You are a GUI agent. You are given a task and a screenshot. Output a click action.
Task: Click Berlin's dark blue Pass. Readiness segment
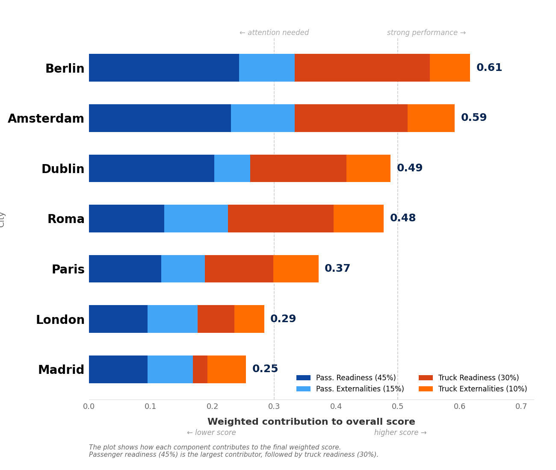point(164,68)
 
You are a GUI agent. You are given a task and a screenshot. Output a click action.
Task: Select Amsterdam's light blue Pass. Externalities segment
point(263,118)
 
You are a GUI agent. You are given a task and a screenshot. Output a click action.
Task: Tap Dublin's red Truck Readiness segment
point(298,168)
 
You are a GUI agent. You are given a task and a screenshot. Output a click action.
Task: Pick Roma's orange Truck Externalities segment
point(358,218)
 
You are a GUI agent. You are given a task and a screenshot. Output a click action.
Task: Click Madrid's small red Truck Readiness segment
point(200,369)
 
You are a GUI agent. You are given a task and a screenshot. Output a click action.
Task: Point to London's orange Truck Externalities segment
point(249,319)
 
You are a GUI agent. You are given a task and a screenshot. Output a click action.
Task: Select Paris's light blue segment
point(183,269)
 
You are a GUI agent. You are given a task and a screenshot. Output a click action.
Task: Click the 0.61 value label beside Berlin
point(489,68)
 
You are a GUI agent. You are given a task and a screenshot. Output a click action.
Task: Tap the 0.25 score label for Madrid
point(265,369)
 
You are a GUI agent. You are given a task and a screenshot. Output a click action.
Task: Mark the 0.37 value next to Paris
point(337,269)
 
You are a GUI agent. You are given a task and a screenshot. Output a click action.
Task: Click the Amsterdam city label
point(46,119)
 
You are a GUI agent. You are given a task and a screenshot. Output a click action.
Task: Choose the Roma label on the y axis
point(66,219)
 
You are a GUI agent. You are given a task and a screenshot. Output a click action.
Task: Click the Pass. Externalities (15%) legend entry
point(360,389)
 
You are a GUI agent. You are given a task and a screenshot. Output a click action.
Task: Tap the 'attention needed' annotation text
point(274,33)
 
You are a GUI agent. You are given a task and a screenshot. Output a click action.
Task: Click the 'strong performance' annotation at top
point(426,33)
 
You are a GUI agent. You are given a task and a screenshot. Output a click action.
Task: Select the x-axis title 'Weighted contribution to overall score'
point(311,422)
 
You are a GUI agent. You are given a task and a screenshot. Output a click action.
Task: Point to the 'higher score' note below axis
point(400,433)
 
